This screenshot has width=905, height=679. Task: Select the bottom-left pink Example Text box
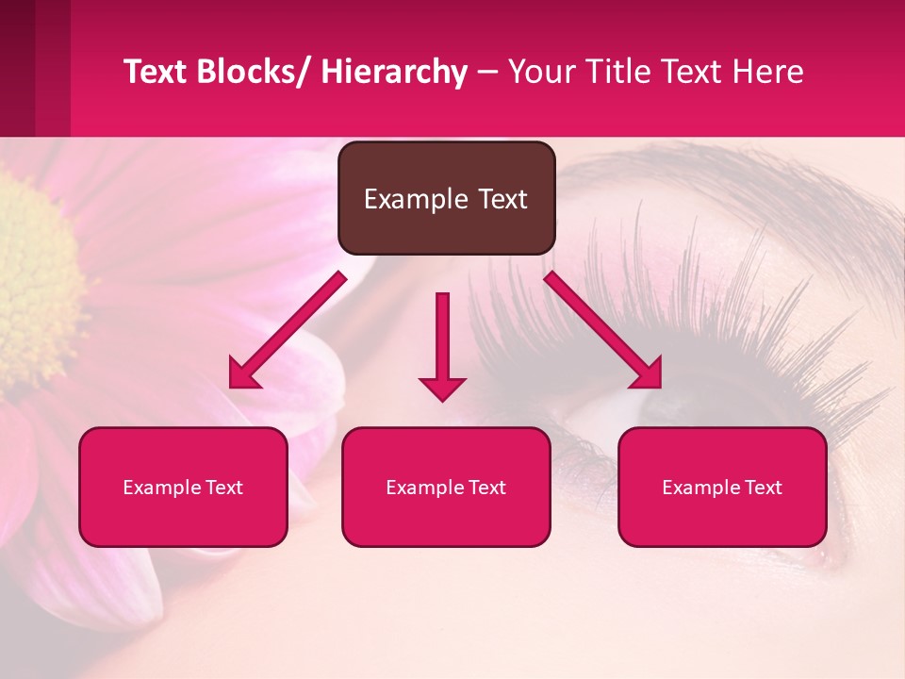pos(183,488)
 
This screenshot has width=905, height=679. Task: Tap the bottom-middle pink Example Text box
pos(446,488)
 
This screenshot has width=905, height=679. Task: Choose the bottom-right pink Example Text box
pos(722,488)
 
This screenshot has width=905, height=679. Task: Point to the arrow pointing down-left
pos(288,330)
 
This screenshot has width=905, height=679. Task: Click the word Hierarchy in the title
pos(394,72)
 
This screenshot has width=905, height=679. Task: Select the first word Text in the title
pos(156,72)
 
